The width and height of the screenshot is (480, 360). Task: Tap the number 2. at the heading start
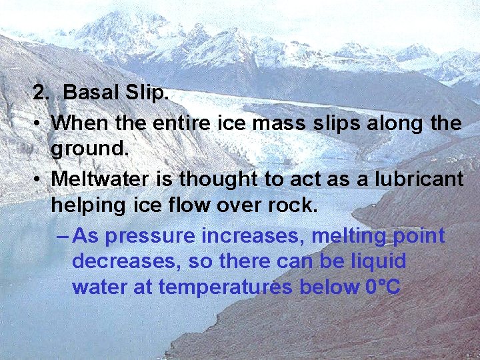[42, 93]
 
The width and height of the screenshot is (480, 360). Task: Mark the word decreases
[125, 261]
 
